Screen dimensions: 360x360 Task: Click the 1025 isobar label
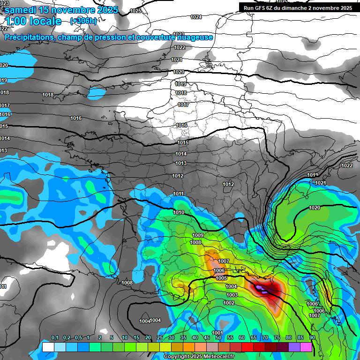(135, 10)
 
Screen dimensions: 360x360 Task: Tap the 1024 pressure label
(196, 17)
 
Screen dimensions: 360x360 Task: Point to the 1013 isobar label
(181, 163)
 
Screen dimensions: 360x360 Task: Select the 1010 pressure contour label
(179, 212)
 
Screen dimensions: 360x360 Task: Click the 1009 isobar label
(198, 235)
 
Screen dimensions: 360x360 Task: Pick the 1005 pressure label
(222, 278)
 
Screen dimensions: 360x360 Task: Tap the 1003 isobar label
(232, 294)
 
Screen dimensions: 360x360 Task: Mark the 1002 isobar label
(229, 303)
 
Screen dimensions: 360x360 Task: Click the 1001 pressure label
(217, 332)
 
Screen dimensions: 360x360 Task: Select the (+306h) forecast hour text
(83, 21)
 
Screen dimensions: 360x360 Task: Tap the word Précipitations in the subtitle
(28, 37)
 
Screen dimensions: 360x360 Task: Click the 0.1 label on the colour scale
(55, 337)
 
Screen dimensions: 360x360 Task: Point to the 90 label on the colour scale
(312, 337)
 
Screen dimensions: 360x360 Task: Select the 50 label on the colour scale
(218, 337)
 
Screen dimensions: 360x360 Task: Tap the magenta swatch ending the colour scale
(306, 347)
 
